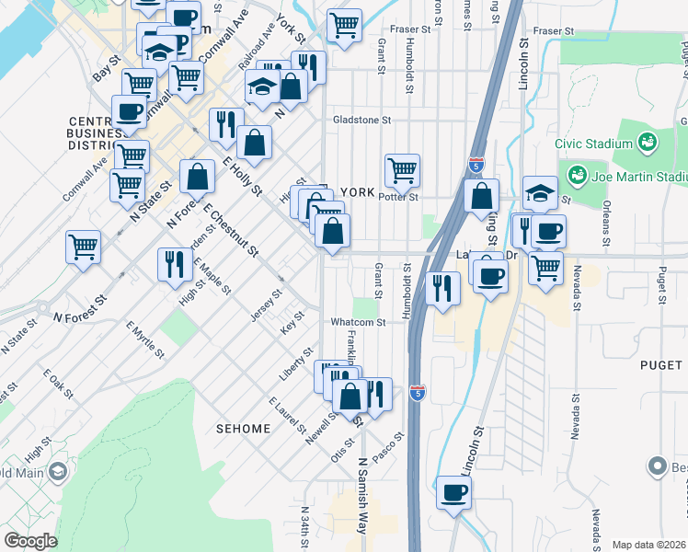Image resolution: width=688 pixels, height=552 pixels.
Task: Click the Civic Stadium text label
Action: [x=593, y=144]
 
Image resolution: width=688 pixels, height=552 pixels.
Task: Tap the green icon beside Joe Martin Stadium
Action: [x=578, y=175]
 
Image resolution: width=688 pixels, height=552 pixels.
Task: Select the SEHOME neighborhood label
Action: [x=243, y=429]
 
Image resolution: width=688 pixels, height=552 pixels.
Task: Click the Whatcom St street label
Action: [x=358, y=322]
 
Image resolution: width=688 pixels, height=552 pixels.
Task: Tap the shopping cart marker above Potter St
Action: [x=402, y=169]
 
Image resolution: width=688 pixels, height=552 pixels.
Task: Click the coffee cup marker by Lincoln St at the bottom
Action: [x=453, y=493]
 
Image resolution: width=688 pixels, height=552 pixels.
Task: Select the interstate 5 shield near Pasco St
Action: [x=418, y=391]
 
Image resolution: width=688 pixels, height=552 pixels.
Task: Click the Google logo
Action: [x=30, y=541]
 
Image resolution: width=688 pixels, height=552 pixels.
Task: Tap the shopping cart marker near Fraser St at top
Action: [x=344, y=25]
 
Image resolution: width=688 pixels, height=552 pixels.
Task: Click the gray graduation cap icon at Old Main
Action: [x=57, y=472]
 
